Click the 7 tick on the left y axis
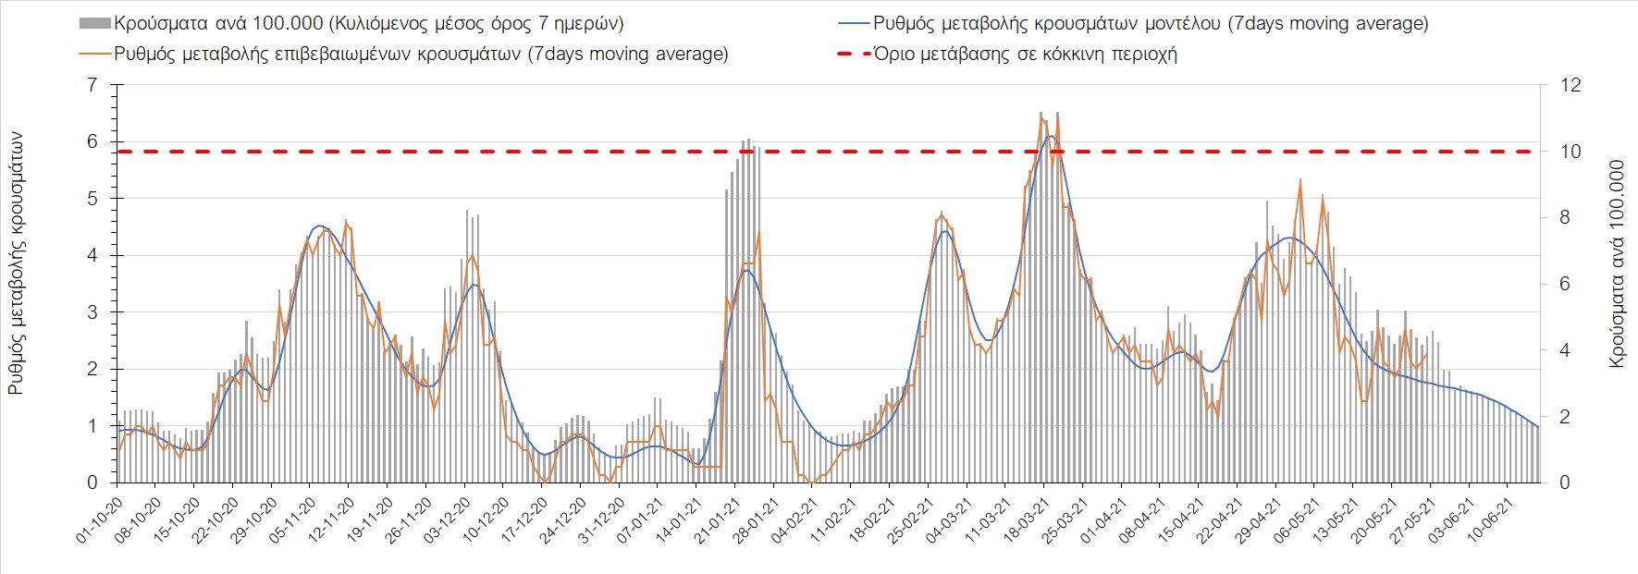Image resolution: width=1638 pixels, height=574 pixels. (x=92, y=85)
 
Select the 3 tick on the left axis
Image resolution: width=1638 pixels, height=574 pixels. (x=92, y=312)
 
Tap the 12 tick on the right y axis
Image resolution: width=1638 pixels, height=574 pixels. (x=1570, y=85)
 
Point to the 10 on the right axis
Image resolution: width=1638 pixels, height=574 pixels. (x=1570, y=152)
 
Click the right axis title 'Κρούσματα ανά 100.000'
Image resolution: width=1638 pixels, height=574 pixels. (x=1617, y=264)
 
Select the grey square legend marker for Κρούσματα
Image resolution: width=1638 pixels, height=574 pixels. (x=95, y=24)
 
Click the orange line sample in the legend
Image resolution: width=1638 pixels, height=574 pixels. (x=95, y=54)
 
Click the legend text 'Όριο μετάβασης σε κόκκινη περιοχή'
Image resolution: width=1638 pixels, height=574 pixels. (x=1025, y=54)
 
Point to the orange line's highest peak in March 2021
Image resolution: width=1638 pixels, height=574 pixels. (x=1044, y=117)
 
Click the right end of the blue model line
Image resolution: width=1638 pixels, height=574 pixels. (x=1538, y=427)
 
